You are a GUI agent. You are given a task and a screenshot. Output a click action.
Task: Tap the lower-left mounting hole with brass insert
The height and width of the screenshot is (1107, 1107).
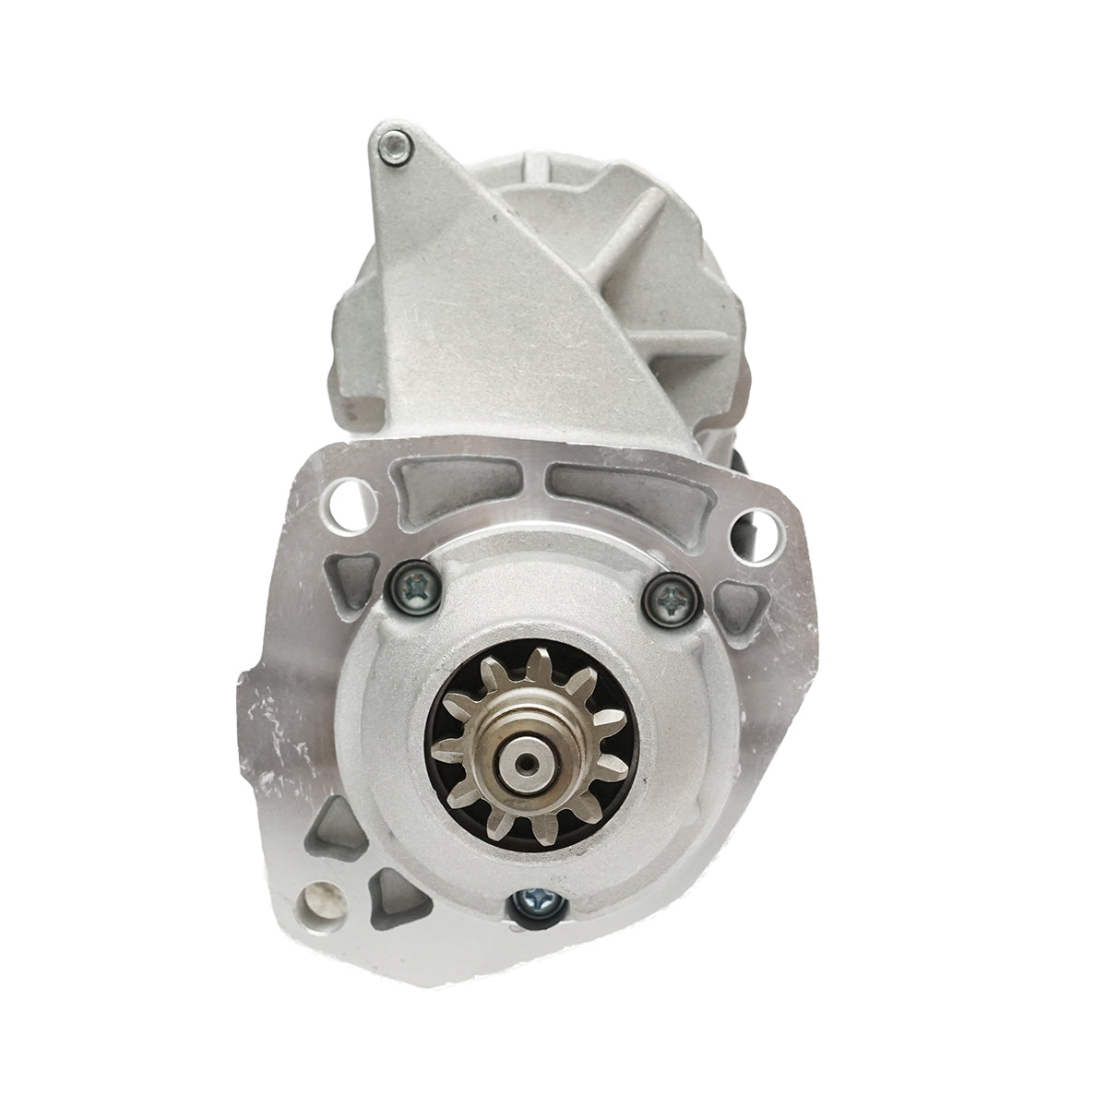[321, 896]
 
